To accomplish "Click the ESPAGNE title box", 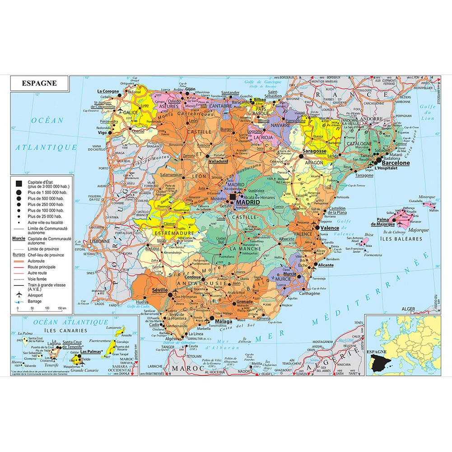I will pos(39,83).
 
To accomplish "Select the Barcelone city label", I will pos(396,163).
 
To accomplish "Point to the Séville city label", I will pos(160,290).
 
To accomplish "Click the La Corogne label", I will pos(107,91).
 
